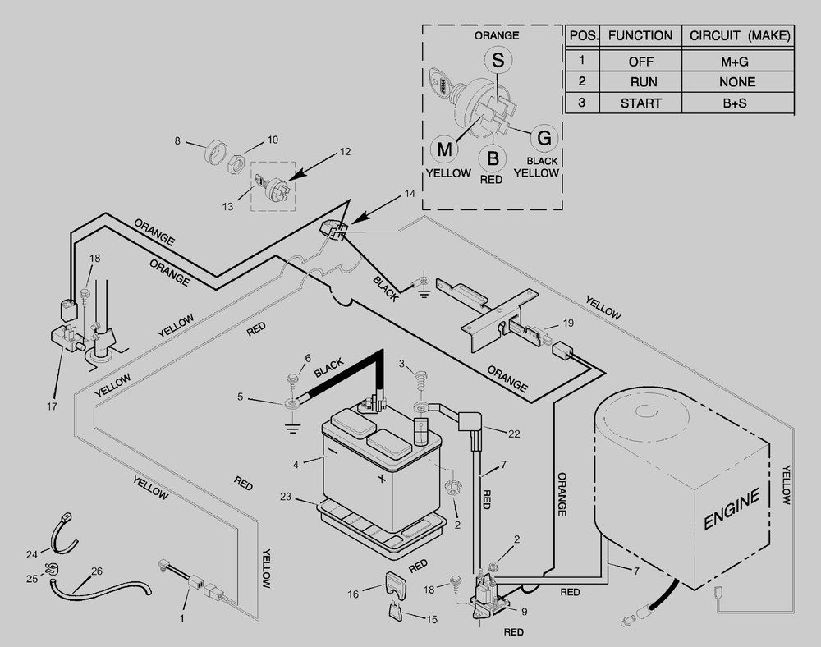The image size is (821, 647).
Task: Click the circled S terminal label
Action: point(498,60)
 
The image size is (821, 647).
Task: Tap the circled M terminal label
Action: point(444,149)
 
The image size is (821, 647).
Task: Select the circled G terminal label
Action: point(544,138)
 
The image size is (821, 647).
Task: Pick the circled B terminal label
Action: point(492,158)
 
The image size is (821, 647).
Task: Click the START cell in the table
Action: point(641,103)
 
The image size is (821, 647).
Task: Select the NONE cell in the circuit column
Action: point(736,82)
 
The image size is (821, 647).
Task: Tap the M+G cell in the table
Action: point(735,62)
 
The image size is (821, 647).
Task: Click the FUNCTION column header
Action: point(640,35)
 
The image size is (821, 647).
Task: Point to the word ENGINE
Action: point(732,509)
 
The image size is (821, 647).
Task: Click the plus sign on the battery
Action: point(382,479)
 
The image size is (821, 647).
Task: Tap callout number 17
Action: point(51,406)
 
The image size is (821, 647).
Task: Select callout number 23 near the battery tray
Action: point(286,496)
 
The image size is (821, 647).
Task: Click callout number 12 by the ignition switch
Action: point(345,152)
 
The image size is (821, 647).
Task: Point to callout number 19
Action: point(568,323)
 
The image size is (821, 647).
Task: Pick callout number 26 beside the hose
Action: point(97,571)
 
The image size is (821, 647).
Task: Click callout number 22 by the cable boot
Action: point(514,434)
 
